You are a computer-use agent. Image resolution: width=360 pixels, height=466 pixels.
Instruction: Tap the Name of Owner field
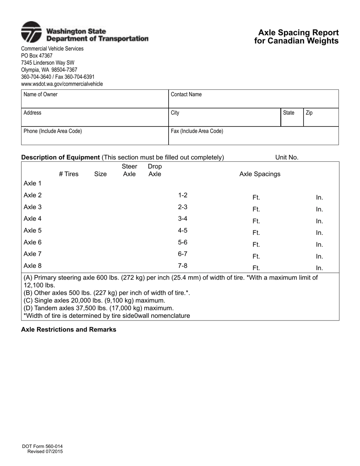(x=94, y=99)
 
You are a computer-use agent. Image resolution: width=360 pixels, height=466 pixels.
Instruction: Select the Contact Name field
(x=253, y=99)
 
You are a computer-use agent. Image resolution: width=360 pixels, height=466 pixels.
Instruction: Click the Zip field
(x=321, y=117)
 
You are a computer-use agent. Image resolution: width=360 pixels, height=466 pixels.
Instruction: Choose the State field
(x=292, y=117)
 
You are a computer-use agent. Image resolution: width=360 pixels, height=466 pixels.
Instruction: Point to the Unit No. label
(x=287, y=157)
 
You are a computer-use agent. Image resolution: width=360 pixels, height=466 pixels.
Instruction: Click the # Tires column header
(x=69, y=174)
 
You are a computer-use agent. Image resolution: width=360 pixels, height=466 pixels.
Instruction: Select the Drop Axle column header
(x=155, y=170)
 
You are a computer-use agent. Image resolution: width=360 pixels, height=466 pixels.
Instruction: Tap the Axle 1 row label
(x=33, y=183)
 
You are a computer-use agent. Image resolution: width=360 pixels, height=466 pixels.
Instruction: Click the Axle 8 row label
(x=33, y=266)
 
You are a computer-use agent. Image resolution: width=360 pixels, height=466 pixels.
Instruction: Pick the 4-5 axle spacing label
(x=183, y=230)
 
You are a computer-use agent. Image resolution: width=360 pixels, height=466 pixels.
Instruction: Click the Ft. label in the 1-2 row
(x=256, y=197)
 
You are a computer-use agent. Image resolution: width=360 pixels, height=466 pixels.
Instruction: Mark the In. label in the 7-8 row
(x=319, y=268)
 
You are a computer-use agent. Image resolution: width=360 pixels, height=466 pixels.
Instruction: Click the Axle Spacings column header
(x=260, y=174)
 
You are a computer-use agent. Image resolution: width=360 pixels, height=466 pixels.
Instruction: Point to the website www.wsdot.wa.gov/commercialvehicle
(x=62, y=84)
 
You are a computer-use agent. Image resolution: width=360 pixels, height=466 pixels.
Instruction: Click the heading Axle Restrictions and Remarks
(x=69, y=330)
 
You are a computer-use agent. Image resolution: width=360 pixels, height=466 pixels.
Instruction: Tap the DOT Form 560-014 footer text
(x=42, y=447)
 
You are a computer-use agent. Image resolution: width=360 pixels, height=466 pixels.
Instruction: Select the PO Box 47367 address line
(x=37, y=56)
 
